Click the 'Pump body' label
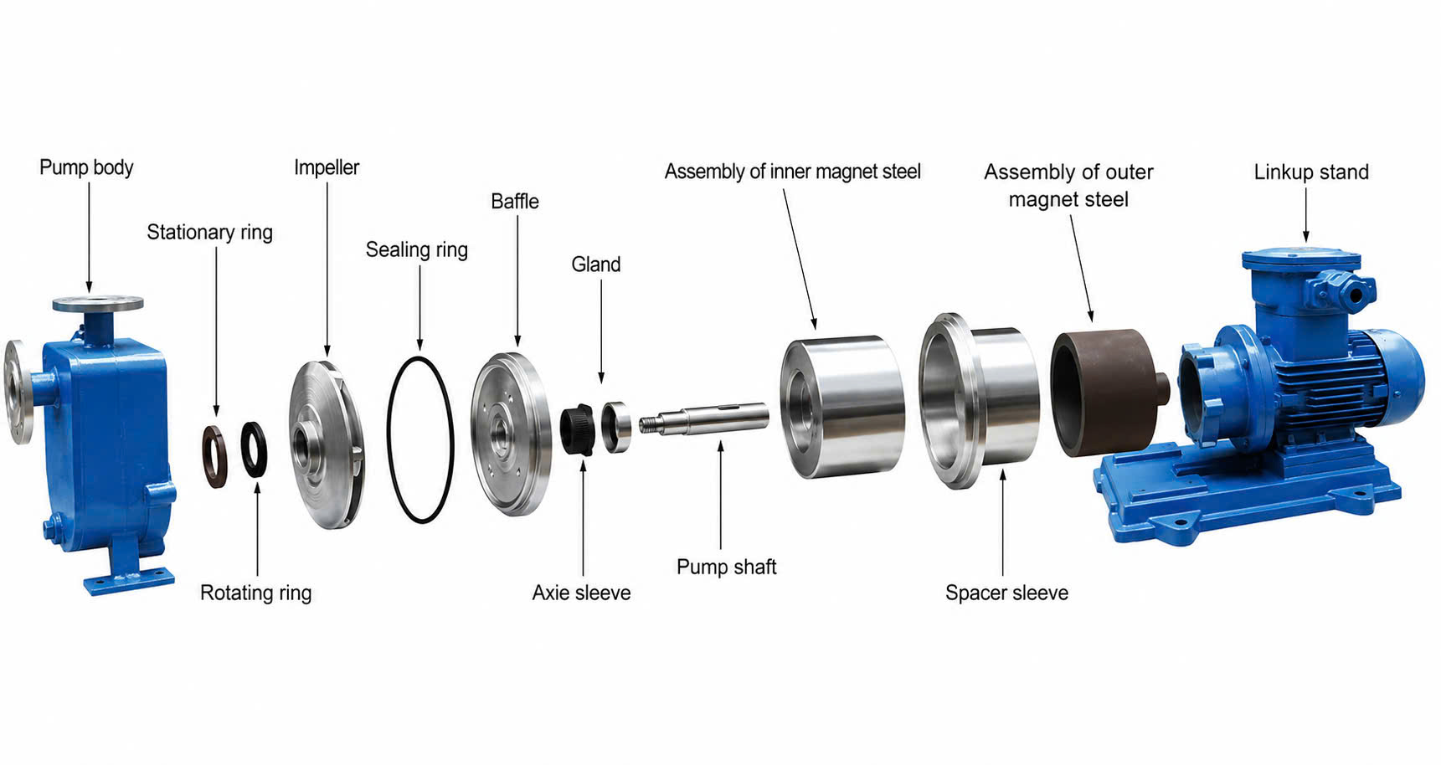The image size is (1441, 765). tap(86, 167)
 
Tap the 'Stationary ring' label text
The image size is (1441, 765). tap(209, 232)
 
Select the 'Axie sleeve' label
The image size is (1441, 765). tap(581, 593)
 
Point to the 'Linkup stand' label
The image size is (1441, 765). tap(1311, 172)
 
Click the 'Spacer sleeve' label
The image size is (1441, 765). tap(1006, 593)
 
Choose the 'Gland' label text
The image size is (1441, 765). tap(596, 264)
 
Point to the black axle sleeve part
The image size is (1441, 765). tap(578, 430)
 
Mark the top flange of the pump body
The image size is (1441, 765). tap(98, 303)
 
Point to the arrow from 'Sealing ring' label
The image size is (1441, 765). tap(419, 306)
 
